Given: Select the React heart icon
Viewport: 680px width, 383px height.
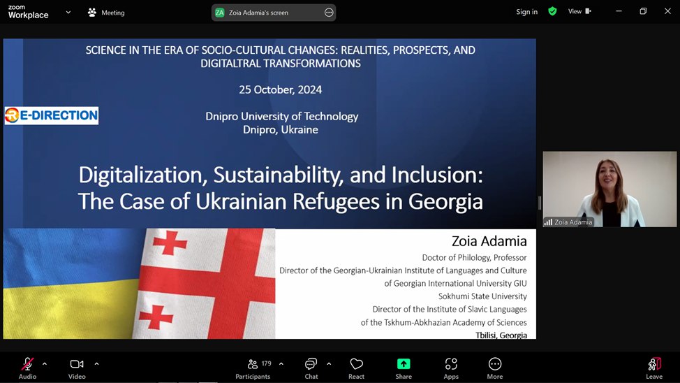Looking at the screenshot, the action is [x=356, y=364].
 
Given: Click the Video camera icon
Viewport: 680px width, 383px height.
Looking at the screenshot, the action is [x=77, y=364].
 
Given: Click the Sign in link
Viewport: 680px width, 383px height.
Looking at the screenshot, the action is [x=526, y=12].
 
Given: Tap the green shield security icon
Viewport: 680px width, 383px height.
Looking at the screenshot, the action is [x=552, y=11].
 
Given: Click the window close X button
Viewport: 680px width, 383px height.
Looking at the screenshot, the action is [x=667, y=11].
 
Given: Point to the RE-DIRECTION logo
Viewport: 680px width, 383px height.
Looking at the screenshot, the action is [x=52, y=115].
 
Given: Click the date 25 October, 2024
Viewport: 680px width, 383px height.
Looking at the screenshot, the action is [x=280, y=90].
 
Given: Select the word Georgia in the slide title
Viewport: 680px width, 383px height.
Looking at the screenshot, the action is [x=445, y=201].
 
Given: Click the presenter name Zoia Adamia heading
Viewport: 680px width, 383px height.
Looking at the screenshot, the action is [x=489, y=241].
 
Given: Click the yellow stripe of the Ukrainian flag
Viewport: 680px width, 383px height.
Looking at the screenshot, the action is [x=69, y=309].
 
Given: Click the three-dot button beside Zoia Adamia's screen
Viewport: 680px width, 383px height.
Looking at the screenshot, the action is [x=329, y=13].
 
